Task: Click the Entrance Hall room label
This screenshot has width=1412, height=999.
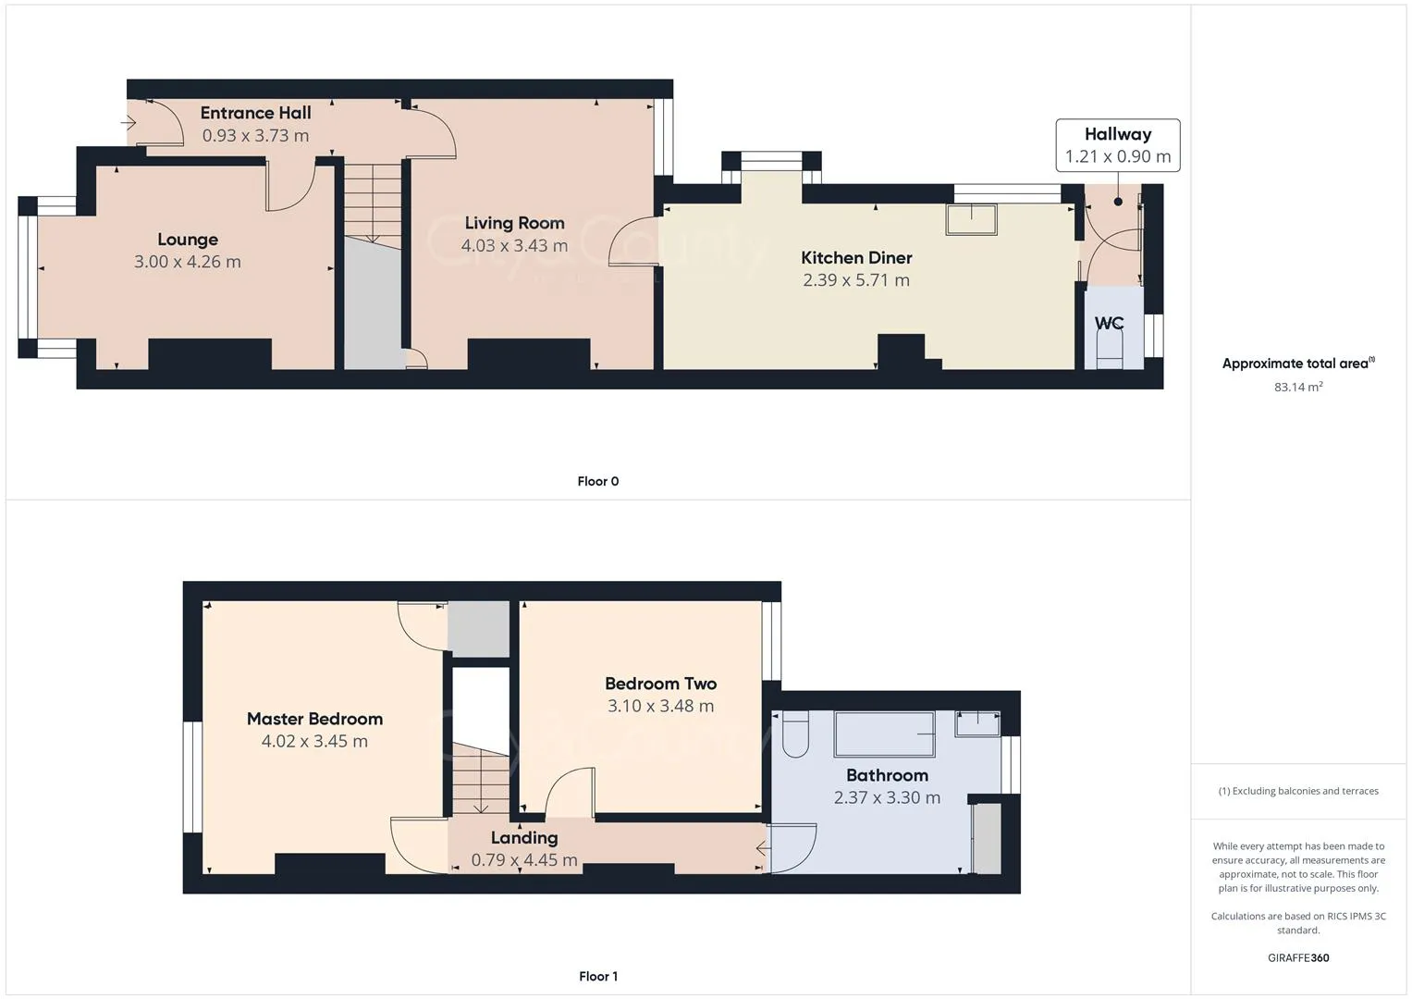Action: (255, 113)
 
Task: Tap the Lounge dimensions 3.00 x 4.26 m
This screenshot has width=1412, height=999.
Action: (188, 262)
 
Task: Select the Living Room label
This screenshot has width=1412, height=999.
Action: (514, 223)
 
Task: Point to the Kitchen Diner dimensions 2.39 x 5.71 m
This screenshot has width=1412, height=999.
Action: (856, 280)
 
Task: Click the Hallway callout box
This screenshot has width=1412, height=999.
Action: (1117, 145)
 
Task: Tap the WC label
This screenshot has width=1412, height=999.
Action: (1109, 323)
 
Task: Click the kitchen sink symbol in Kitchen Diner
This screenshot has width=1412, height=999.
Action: (971, 219)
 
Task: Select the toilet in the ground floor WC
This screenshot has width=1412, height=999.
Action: (1108, 351)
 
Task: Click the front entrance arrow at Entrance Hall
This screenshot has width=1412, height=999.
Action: (129, 122)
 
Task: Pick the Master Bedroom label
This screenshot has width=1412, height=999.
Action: (314, 719)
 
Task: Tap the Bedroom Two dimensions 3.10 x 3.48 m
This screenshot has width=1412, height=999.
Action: (660, 706)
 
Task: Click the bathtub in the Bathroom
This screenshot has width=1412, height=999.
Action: (885, 734)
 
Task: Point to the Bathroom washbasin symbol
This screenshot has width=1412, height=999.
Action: (977, 723)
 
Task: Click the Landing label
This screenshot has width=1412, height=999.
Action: (524, 838)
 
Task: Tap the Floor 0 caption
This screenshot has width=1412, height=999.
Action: (598, 481)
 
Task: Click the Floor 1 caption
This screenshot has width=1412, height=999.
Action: (598, 976)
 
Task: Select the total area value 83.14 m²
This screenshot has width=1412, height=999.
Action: (1298, 387)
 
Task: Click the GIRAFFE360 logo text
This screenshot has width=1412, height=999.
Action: (1298, 957)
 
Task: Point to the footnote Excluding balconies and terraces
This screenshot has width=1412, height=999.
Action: (1298, 791)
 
